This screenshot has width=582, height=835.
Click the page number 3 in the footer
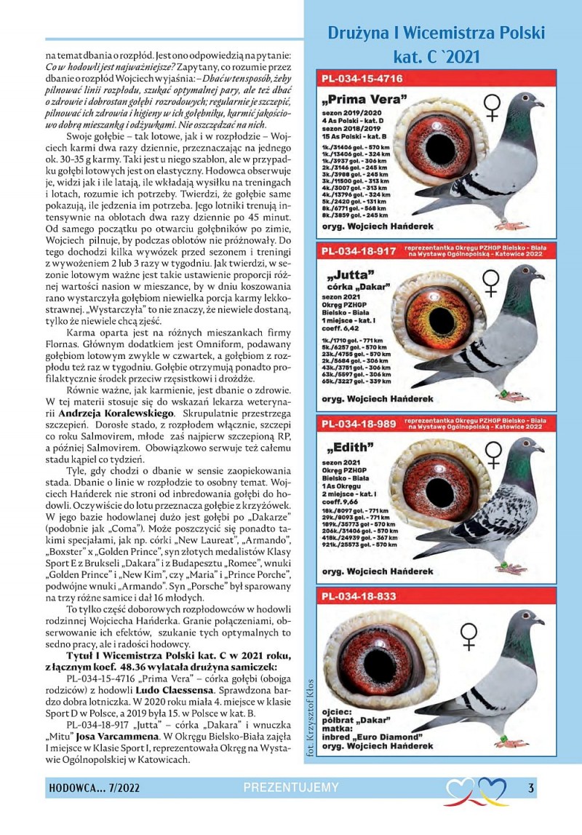click(x=531, y=787)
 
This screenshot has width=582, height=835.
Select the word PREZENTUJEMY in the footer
click(x=291, y=787)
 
